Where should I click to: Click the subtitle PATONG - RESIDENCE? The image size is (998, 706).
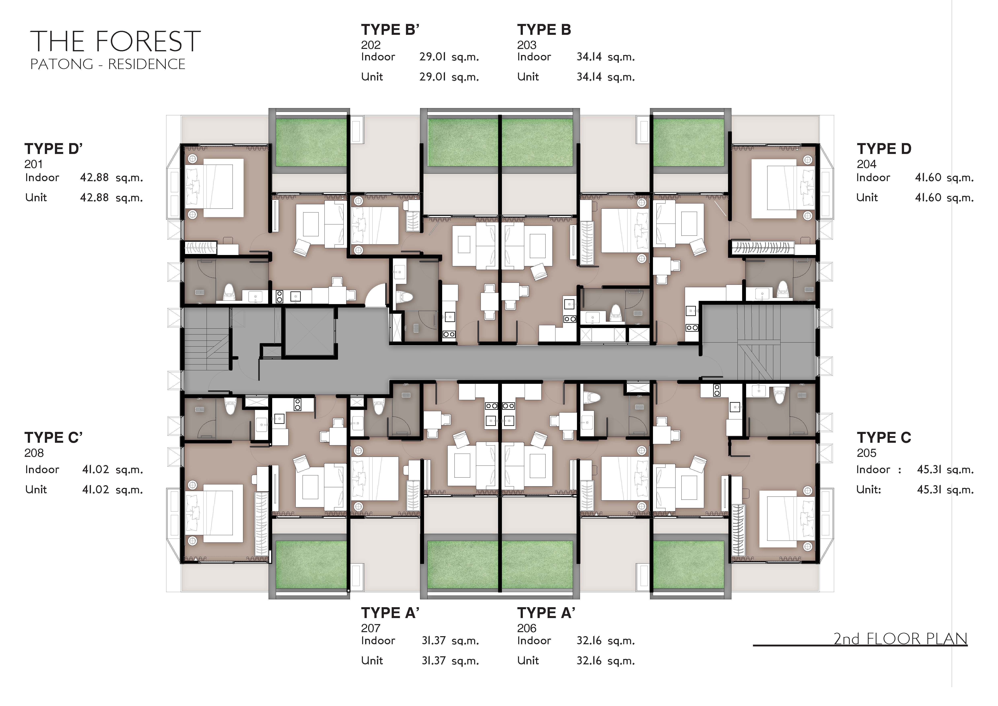click(108, 64)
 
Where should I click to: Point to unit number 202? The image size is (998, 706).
click(371, 45)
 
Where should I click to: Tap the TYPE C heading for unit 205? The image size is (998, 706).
click(884, 437)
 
